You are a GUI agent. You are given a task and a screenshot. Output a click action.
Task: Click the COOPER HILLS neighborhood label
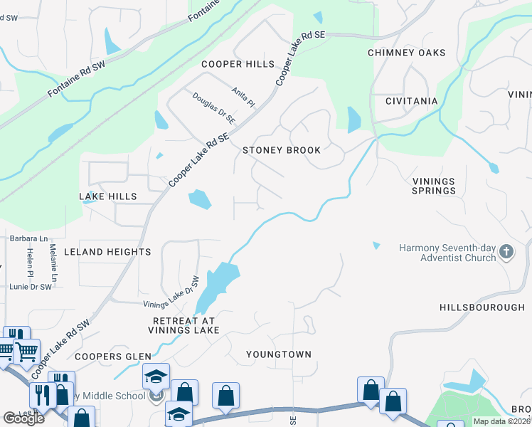(238, 64)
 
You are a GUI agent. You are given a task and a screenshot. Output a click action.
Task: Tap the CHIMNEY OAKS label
(406, 53)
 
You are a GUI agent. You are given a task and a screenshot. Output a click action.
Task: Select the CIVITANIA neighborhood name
(411, 101)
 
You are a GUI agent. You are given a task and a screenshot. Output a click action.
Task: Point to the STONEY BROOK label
(282, 150)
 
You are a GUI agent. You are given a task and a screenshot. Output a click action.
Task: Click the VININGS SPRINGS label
(434, 186)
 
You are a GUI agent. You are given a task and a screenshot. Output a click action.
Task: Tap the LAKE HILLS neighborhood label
(108, 196)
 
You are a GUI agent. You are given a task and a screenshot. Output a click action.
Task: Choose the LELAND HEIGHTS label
(107, 252)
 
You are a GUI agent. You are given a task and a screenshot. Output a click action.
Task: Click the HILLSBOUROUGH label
(482, 307)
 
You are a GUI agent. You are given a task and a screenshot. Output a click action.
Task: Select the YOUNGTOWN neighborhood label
(279, 354)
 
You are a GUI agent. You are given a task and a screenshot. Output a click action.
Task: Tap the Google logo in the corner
(23, 418)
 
